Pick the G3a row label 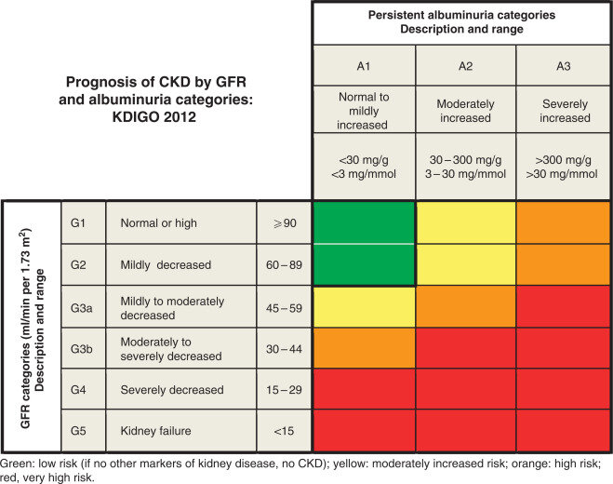(x=83, y=307)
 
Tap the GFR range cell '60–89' (x=285, y=265)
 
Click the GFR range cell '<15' (x=285, y=432)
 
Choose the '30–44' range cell (x=285, y=348)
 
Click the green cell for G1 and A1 (x=364, y=223)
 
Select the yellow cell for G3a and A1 (x=364, y=307)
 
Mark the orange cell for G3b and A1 (x=364, y=348)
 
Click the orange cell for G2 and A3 (x=564, y=265)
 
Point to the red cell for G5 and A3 (x=564, y=432)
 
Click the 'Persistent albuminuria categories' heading (x=462, y=16)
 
